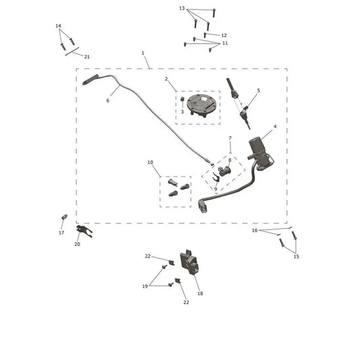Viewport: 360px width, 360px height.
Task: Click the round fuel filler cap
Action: tap(200, 105)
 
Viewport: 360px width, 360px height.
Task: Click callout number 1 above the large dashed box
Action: tap(143, 53)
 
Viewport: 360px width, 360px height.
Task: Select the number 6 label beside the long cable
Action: tap(107, 101)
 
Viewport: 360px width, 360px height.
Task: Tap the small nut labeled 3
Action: tap(182, 99)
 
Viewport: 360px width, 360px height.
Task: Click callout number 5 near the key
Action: tap(259, 91)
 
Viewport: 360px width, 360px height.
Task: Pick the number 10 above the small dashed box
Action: tap(150, 162)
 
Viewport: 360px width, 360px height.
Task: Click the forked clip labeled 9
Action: tap(216, 177)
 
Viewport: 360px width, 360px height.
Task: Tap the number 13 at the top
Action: tap(182, 8)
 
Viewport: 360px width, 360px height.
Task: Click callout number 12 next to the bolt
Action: tap(224, 35)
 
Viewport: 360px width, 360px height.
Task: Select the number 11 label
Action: tap(225, 43)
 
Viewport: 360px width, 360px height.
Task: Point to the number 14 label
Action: tap(58, 26)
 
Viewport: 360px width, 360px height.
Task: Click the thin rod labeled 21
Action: tap(72, 51)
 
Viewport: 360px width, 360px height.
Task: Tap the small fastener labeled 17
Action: tap(64, 217)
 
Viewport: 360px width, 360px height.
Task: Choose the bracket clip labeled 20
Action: tap(84, 231)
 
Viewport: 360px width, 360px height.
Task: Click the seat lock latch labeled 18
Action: tap(189, 261)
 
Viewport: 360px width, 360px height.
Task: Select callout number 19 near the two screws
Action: tap(145, 286)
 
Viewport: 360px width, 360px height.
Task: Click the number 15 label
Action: tap(297, 257)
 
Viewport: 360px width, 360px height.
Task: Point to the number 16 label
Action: tap(255, 230)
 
